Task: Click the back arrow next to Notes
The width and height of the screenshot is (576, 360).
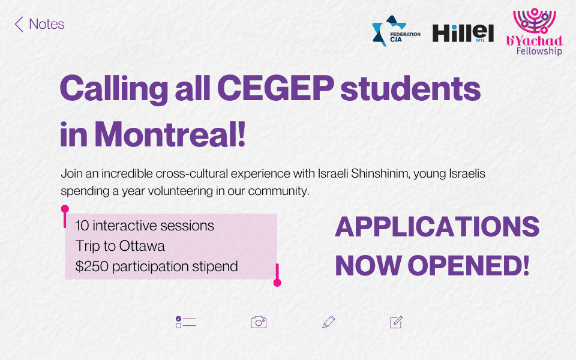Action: click(x=19, y=24)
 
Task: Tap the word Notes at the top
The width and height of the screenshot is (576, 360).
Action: click(x=47, y=24)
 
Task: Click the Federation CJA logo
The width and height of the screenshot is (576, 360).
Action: click(x=396, y=31)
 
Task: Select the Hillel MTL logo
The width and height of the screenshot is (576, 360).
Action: click(x=463, y=33)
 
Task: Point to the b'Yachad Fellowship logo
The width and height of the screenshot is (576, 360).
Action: click(x=535, y=32)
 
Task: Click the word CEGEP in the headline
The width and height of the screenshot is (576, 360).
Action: click(x=275, y=89)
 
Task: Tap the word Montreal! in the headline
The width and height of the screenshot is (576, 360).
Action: click(x=170, y=134)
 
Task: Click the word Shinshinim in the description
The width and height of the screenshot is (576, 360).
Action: click(x=380, y=173)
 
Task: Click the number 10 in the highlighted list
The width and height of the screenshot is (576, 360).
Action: click(x=82, y=226)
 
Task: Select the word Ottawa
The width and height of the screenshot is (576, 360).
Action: click(x=142, y=246)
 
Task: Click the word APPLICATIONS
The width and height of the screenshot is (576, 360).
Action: click(x=437, y=227)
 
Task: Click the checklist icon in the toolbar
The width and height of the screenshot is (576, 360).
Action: click(x=185, y=322)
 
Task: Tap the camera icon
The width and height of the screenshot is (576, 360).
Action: click(x=259, y=322)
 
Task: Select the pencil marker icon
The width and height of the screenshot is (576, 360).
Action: click(x=328, y=322)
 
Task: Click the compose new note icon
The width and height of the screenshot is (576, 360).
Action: click(x=396, y=322)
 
